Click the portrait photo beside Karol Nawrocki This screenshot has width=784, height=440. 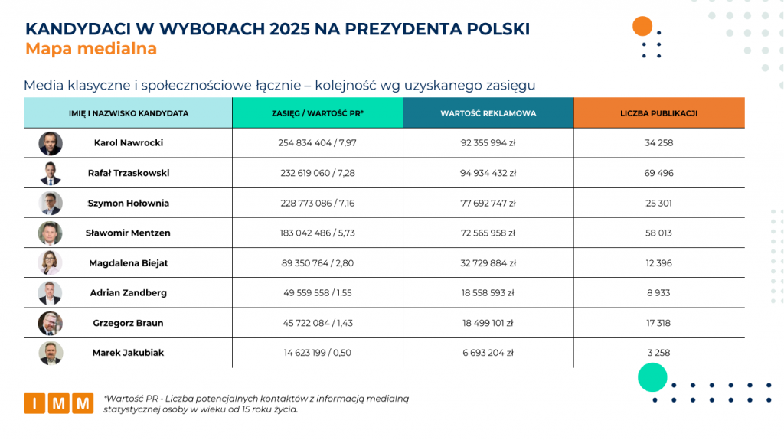51,143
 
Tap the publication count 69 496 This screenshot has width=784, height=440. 658,173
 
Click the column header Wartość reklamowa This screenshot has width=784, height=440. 488,113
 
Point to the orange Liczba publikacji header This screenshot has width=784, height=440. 658,113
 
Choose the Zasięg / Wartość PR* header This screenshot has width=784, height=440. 318,113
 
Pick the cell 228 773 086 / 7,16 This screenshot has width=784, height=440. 318,203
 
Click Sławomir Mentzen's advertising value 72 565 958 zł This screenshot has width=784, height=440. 488,233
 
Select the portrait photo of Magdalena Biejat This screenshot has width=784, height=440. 51,262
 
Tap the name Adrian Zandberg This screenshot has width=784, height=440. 129,293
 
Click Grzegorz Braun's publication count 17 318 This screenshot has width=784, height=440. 658,323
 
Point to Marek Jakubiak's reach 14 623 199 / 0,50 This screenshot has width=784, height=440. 318,353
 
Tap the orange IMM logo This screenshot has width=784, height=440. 58,403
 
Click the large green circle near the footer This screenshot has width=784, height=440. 653,378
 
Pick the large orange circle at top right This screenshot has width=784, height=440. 642,26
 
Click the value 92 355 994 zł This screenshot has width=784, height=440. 488,143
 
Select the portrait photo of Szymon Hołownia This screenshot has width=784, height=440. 51,203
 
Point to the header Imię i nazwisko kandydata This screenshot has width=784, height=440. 129,113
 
